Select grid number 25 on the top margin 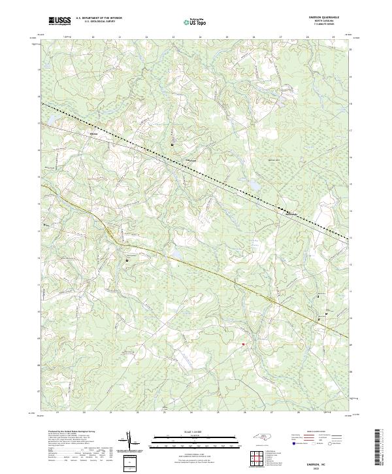click(x=227, y=38)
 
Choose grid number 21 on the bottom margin click(x=111, y=413)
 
